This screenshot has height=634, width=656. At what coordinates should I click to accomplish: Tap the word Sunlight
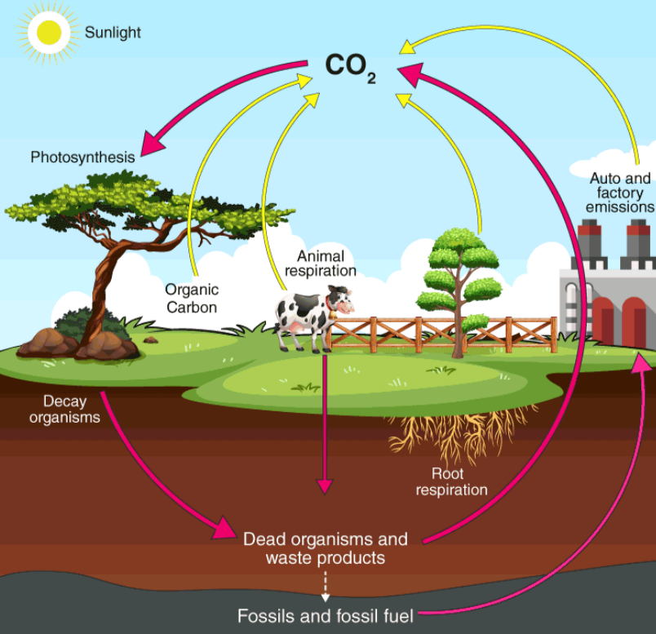pos(113,33)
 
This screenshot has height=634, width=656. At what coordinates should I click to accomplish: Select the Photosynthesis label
pos(82,157)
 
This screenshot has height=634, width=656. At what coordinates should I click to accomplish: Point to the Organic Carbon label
pos(192,298)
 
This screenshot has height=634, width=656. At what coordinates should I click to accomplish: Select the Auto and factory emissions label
pos(620,193)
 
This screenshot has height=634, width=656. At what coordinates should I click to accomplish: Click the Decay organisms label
pos(65,409)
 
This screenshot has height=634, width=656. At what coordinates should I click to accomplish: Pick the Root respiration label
pos(451,481)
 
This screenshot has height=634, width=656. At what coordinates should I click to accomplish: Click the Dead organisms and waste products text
pos(325,548)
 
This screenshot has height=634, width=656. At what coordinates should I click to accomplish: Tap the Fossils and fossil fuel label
pos(325,615)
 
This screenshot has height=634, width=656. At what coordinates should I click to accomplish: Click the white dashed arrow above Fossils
pos(325,587)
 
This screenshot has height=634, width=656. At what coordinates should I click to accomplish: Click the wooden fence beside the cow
pos(441,333)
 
